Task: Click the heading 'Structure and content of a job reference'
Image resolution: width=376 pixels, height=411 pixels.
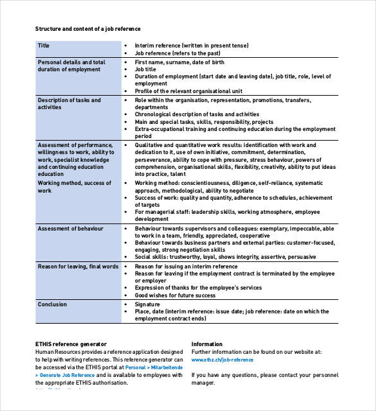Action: coord(87,29)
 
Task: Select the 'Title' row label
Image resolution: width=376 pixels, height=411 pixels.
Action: coord(44,46)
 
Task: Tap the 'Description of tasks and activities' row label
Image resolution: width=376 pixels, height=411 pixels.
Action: coord(69,103)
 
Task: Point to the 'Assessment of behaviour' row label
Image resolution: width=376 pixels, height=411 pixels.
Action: coord(70,229)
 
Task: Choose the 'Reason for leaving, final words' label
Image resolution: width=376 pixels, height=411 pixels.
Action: coord(78,267)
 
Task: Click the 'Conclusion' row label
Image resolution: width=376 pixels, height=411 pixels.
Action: coord(52,304)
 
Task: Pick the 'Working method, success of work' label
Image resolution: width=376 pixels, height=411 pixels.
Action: coord(75,186)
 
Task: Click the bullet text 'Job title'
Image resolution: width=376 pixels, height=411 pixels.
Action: coord(145,69)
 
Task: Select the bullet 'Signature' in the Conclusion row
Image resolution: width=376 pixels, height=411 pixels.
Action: coord(147,304)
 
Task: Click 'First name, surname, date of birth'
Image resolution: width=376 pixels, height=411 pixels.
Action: coord(179,62)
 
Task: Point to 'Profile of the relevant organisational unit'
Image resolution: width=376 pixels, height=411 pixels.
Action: coord(188,91)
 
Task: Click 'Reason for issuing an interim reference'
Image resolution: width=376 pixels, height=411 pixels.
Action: coord(186,267)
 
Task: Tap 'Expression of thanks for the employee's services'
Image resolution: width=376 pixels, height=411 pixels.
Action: coord(198,288)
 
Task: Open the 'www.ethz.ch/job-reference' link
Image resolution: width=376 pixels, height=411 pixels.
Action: coord(222,360)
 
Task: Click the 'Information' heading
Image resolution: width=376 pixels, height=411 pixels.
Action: coord(207,344)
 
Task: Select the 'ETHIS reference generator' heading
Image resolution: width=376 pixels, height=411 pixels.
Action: coord(71,344)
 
